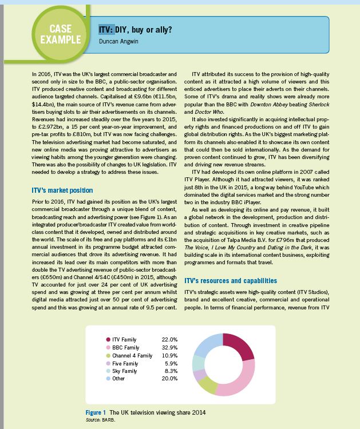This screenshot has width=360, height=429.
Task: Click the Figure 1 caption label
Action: click(x=97, y=412)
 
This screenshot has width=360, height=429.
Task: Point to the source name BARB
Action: click(x=109, y=419)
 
